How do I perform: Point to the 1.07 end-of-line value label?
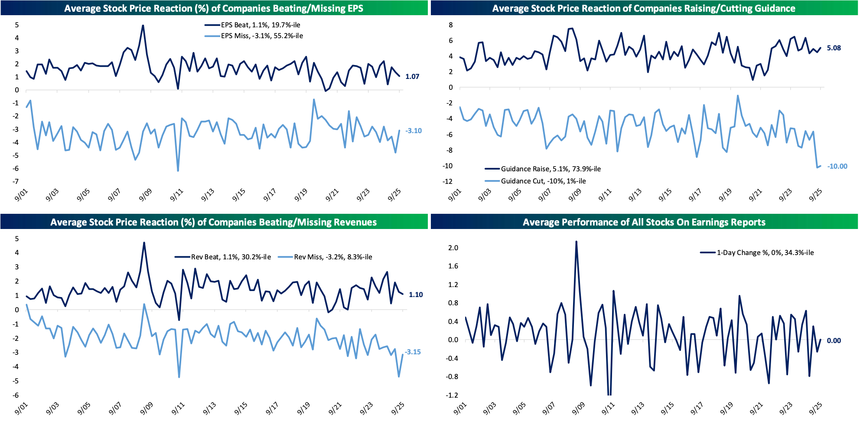[412, 77]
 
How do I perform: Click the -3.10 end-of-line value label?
[414, 131]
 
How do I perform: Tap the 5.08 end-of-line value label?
[834, 48]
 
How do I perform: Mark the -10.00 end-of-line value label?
[837, 167]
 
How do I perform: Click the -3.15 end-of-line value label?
[413, 352]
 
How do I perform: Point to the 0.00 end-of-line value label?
[834, 341]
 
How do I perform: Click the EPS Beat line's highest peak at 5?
[143, 26]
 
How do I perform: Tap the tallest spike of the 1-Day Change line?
[576, 242]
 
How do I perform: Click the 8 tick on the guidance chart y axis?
[451, 25]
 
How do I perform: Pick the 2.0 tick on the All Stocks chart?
[453, 248]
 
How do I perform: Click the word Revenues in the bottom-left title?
[349, 222]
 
